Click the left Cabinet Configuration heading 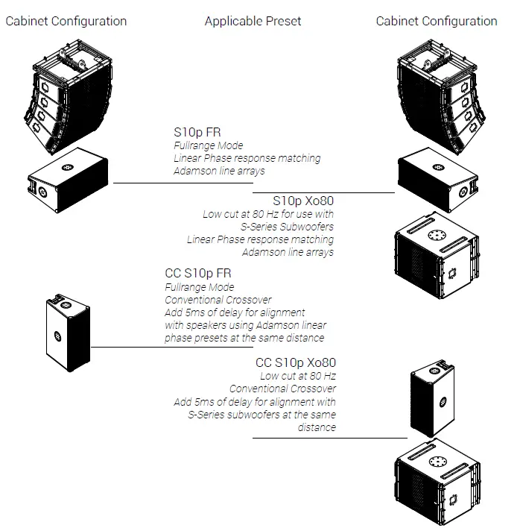(66, 21)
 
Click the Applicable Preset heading (253, 21)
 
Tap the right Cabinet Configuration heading (437, 21)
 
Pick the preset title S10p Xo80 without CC (303, 201)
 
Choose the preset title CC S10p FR (198, 274)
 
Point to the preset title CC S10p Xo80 (296, 363)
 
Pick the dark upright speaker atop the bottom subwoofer (433, 402)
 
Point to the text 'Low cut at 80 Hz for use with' (268, 214)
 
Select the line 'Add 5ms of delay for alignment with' (255, 402)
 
